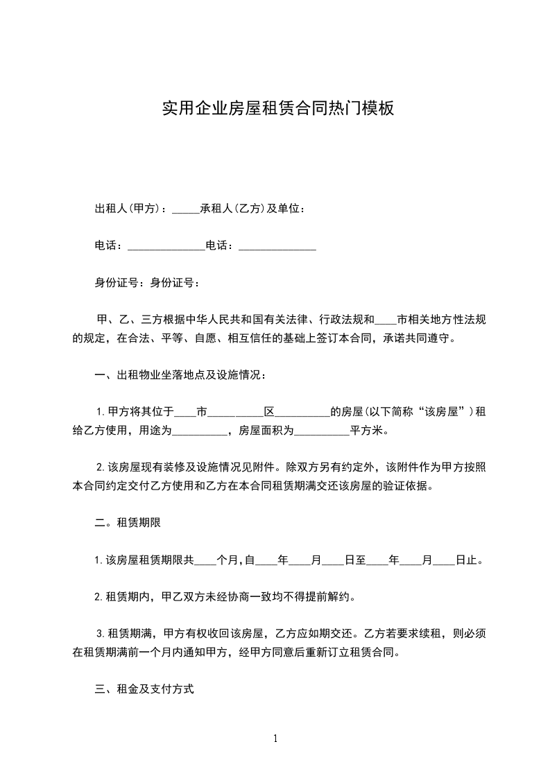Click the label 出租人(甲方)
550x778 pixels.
pos(126,209)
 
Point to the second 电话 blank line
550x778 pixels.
pos(277,248)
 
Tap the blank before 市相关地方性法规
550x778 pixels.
pos(384,322)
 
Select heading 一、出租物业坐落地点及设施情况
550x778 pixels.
pos(180,375)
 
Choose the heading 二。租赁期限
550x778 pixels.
pos(128,523)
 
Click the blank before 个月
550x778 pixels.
pos(206,561)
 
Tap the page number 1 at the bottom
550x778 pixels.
pos(275,738)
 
